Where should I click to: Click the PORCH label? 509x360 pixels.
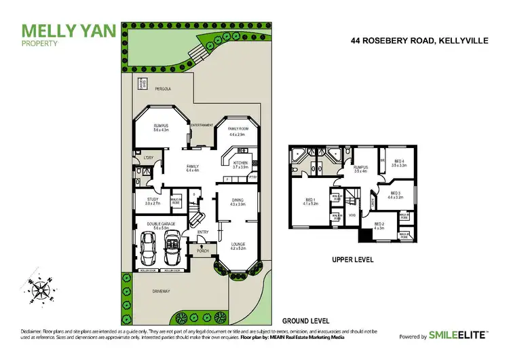coord(202,251)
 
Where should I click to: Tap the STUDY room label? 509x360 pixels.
coord(152,199)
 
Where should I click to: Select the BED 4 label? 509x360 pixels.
coord(399,161)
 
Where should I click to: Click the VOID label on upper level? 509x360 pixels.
coord(352,215)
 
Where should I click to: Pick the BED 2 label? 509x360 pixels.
coord(379,224)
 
